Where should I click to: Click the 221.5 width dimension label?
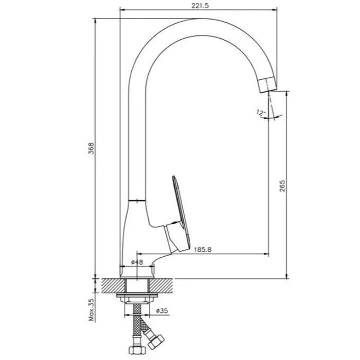point(200,6)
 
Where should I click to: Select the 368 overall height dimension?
point(92,148)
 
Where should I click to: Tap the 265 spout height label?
point(282,185)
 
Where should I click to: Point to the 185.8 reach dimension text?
point(203,249)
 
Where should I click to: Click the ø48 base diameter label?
point(137,262)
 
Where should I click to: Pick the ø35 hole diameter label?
point(162,311)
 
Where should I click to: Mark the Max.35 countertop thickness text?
point(92,310)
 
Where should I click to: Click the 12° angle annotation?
point(261,113)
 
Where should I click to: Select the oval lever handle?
point(182,213)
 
